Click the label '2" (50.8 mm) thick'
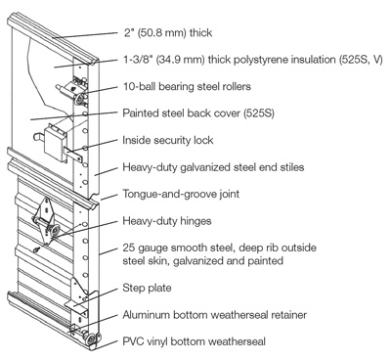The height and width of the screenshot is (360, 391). pos(168,33)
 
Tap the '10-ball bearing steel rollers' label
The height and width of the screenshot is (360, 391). pos(187,86)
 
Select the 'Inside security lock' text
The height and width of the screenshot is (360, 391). pos(168,140)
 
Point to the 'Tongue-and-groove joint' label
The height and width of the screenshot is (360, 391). pos(181,194)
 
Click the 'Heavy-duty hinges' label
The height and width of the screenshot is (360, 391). pos(167,221)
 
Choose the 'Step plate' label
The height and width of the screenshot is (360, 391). pos(147,289)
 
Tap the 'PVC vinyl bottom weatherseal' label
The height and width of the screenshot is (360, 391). pos(195,341)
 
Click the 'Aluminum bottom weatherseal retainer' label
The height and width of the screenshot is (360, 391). pos(215,315)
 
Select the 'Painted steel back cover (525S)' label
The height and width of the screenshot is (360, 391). pos(198,113)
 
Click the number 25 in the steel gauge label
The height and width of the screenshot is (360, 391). pos(129,247)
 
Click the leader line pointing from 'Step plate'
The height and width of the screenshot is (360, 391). pos(95,297)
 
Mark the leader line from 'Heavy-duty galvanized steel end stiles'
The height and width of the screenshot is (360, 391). pos(106,172)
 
